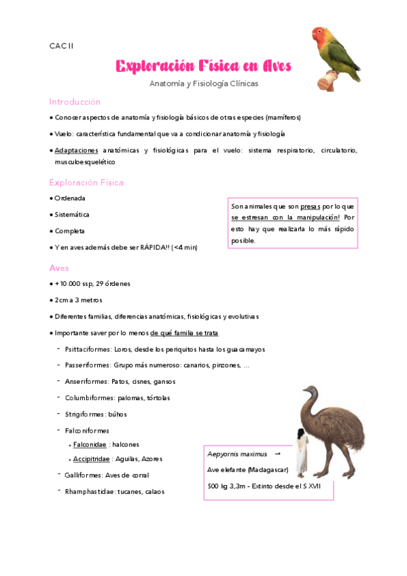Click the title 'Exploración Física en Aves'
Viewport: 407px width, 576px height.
tap(203, 66)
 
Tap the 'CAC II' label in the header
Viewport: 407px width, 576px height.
tap(61, 46)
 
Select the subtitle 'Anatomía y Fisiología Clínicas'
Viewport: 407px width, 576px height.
tap(204, 84)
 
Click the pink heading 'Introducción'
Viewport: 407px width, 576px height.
tap(74, 101)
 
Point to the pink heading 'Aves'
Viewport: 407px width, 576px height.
tap(59, 268)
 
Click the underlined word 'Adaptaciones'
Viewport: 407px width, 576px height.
tap(77, 149)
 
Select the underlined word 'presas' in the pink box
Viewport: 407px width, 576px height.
tap(310, 206)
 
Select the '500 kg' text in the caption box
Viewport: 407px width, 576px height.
tap(219, 486)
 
